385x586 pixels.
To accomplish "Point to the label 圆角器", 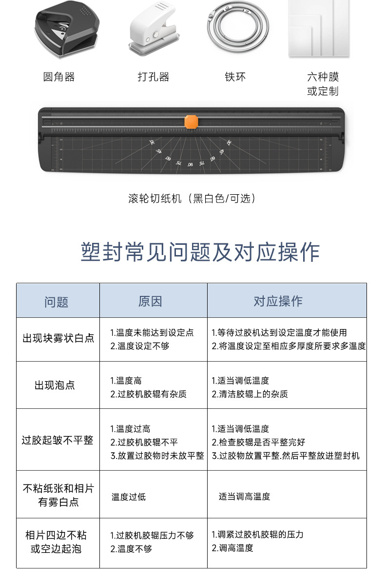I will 59,77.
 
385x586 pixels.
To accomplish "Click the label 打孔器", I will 153,77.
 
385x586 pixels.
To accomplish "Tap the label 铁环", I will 235,77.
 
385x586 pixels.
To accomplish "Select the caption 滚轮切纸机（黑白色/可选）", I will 192,198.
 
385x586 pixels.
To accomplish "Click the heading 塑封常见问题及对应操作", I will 200,252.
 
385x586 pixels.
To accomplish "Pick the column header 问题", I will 57,302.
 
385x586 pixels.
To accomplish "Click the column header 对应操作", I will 278,301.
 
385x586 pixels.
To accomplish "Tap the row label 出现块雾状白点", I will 58,338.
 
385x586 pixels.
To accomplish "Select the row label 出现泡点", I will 55,385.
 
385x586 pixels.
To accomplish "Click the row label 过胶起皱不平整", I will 58,440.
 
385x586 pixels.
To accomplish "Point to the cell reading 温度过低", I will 129,496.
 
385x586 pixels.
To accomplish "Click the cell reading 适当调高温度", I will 244,496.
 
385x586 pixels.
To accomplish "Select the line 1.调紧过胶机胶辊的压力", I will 257,534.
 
